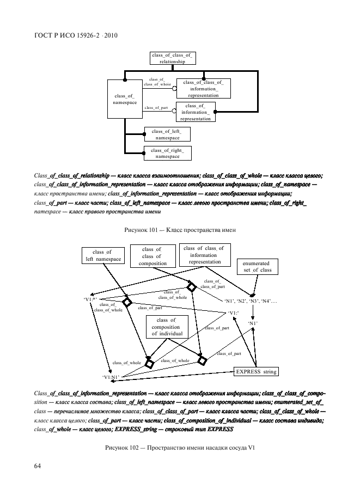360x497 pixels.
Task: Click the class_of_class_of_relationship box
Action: tap(172, 59)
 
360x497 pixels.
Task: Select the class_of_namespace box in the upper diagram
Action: tap(125, 99)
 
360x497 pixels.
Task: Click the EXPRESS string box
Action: tap(256, 372)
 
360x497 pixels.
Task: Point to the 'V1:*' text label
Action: tap(91, 299)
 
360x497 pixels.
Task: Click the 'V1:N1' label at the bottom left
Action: tap(111, 377)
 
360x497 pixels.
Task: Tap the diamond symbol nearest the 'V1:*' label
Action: tap(127, 302)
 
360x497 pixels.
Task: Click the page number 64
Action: tap(39, 466)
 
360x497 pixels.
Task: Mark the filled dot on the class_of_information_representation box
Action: tap(215, 112)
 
